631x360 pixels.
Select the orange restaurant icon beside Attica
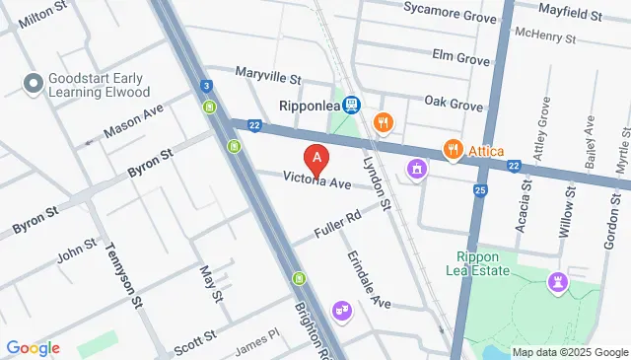click(x=454, y=149)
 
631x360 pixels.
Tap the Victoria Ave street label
click(x=317, y=182)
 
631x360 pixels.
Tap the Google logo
click(x=33, y=348)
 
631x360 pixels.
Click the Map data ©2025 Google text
click(x=569, y=352)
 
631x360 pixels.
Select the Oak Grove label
click(x=454, y=104)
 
